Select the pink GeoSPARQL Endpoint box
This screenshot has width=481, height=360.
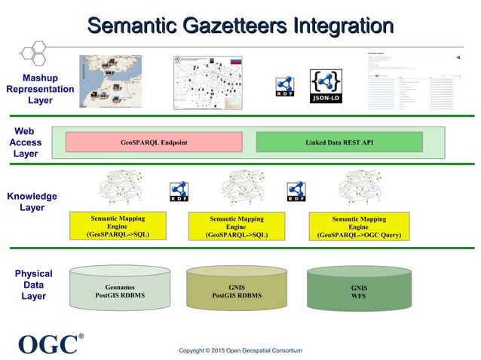(154, 142)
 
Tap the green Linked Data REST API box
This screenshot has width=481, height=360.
(339, 142)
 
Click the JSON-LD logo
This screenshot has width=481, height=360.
(326, 87)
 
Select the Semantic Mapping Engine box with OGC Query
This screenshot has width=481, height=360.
(359, 227)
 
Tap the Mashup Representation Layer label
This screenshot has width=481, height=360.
(40, 89)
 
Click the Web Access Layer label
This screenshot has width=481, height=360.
(25, 142)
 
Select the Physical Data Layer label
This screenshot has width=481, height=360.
(33, 285)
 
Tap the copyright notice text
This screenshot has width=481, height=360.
(240, 350)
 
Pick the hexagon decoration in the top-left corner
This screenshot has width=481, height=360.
(33, 51)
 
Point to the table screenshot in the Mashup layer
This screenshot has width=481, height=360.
(413, 83)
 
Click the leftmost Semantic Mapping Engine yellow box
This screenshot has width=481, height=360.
(118, 226)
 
